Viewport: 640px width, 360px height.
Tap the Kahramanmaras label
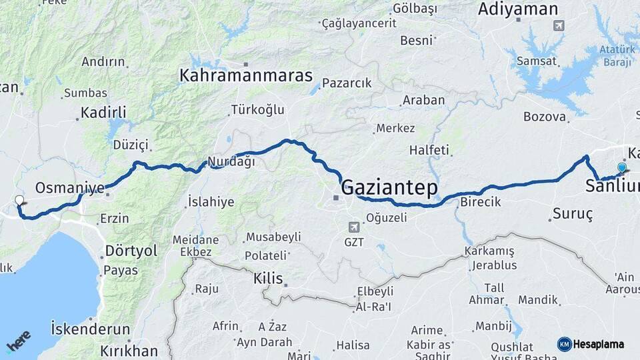point(246,75)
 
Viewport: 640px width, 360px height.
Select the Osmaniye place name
point(69,188)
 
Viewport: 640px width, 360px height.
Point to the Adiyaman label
point(518,9)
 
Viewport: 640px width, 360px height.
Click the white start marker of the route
point(20,200)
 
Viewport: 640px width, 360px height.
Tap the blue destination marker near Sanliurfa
point(622,168)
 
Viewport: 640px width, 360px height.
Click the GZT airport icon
point(353,227)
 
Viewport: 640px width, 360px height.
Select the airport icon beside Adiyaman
point(558,26)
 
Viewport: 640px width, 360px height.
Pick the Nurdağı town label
point(231,161)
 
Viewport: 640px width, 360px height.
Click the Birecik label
point(480,202)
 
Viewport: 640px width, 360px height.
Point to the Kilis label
point(268,278)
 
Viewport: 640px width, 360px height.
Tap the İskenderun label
point(91,329)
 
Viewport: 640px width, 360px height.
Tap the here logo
point(18,342)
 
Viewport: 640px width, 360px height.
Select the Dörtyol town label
point(131,251)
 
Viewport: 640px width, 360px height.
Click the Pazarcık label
point(346,83)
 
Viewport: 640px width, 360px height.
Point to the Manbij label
point(492,327)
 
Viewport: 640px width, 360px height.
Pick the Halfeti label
point(429,149)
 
